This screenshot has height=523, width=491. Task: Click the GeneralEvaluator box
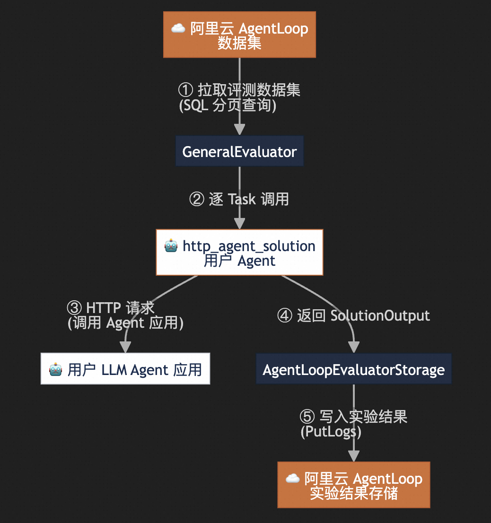click(239, 151)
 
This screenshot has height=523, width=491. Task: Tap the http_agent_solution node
click(239, 252)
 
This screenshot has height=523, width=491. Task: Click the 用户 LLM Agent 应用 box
click(125, 368)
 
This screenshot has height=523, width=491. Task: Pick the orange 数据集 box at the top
click(239, 35)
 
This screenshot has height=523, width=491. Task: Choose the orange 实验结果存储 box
click(353, 485)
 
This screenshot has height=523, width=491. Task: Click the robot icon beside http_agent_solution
click(171, 246)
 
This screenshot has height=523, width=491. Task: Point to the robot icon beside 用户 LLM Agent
click(55, 369)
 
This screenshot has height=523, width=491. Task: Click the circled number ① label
click(185, 90)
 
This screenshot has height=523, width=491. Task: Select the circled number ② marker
click(196, 199)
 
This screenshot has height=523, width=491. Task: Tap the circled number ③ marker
click(74, 308)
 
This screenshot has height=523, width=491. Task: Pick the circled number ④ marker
click(285, 315)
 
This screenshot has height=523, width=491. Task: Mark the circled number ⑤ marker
click(307, 416)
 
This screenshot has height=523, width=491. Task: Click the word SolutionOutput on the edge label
click(380, 315)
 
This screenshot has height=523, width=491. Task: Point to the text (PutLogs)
click(331, 432)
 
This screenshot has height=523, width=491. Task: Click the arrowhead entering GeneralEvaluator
click(239, 130)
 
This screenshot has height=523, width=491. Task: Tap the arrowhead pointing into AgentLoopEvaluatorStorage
click(353, 347)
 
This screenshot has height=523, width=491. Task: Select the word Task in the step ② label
click(242, 199)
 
